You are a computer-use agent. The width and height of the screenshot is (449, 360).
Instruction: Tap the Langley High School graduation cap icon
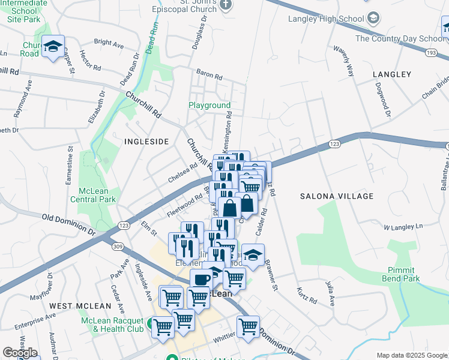tap(373, 18)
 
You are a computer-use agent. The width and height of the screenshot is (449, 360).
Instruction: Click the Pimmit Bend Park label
tap(403, 274)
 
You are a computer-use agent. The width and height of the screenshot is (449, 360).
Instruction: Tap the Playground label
tap(209, 106)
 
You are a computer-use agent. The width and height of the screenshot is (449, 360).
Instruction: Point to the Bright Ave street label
tap(109, 44)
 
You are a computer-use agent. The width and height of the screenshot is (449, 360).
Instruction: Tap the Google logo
tap(20, 353)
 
